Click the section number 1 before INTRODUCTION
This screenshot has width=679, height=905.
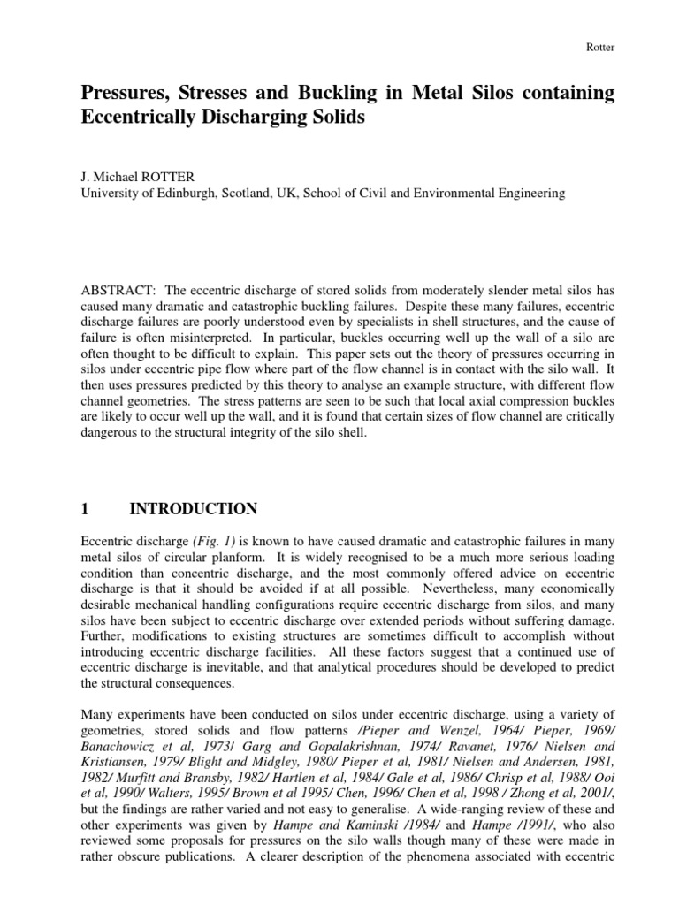(x=85, y=508)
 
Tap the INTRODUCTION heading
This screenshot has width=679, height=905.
(x=194, y=508)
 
